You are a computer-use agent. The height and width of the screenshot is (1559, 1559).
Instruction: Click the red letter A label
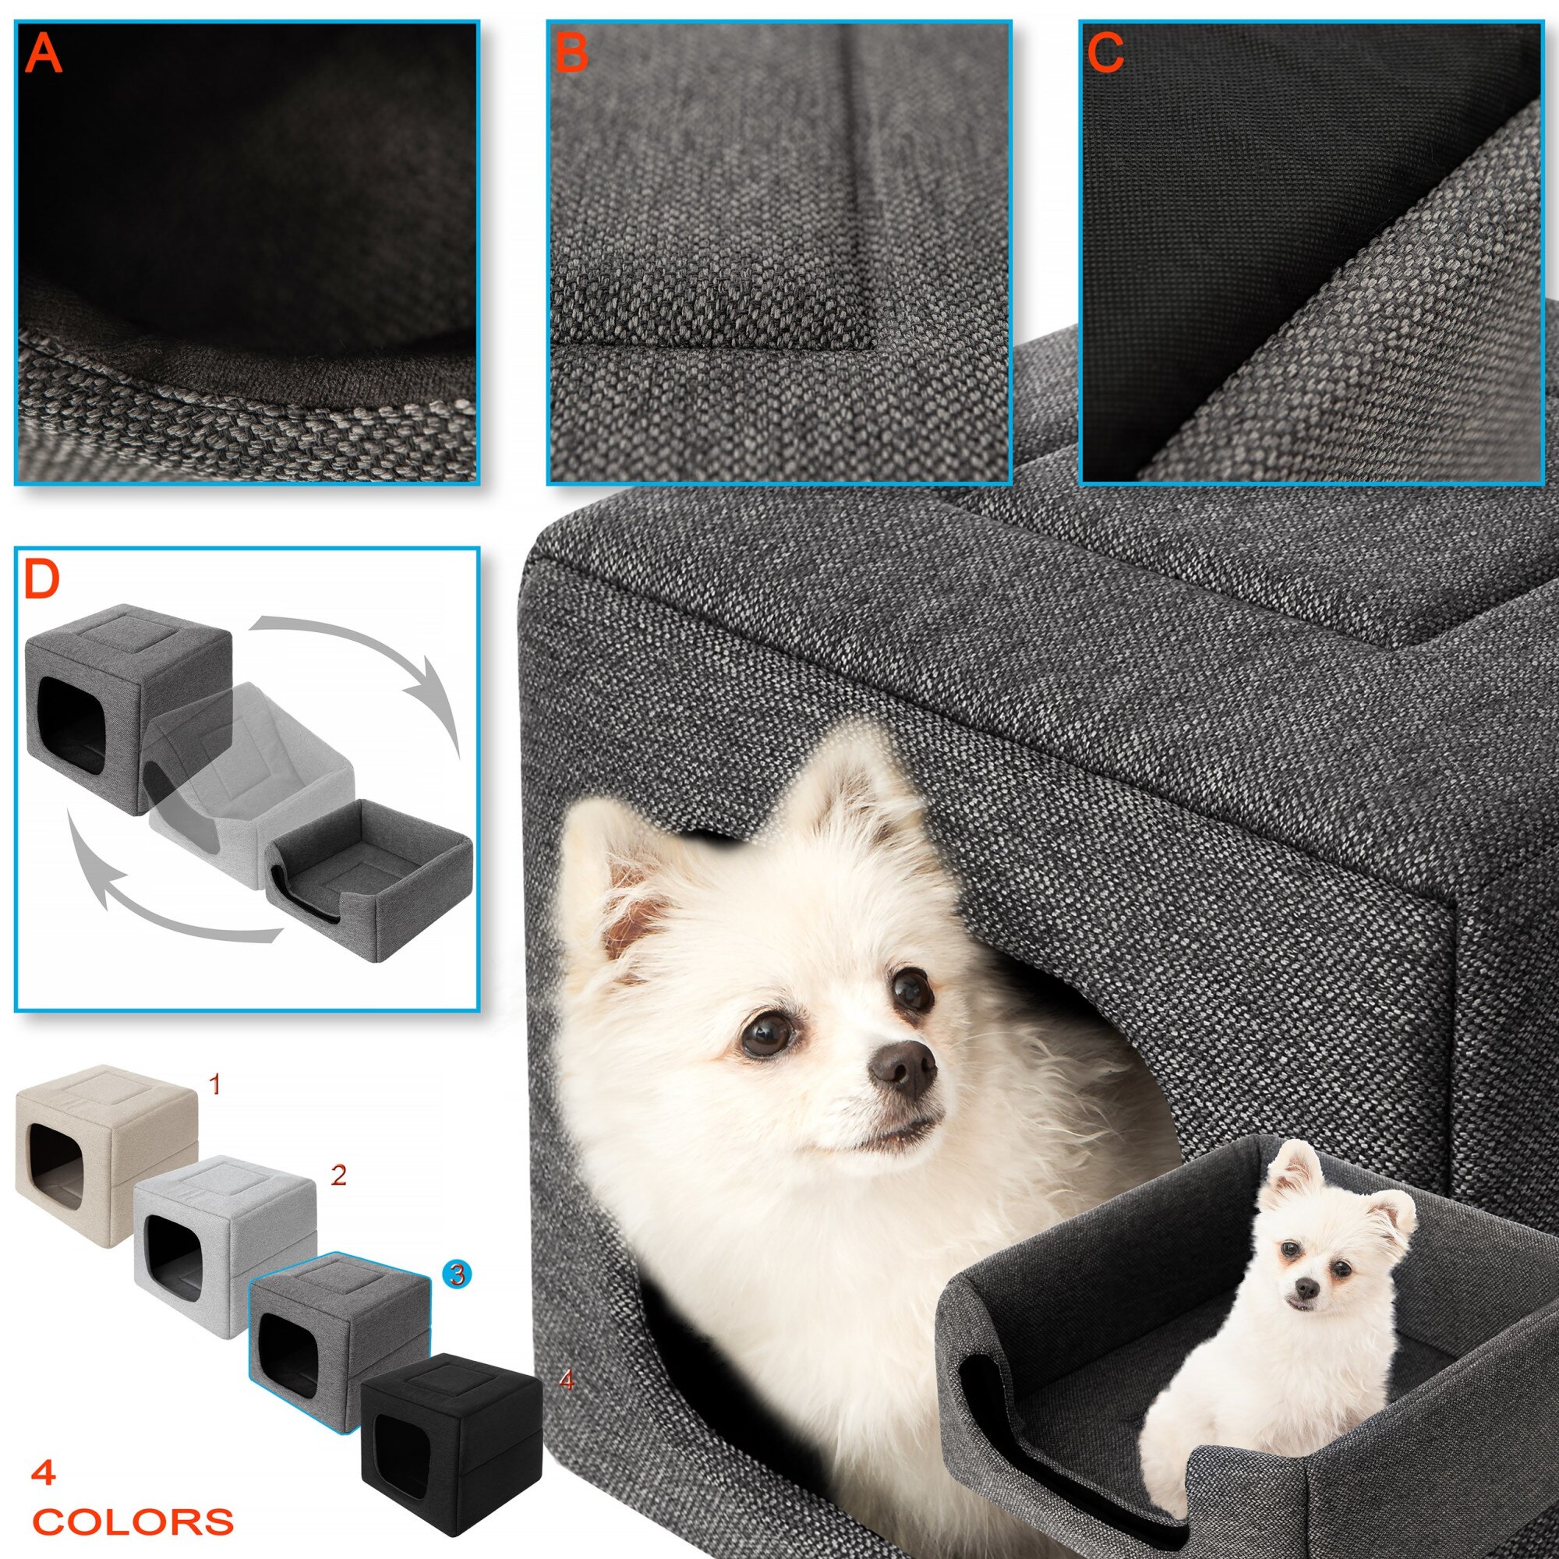[x=44, y=54]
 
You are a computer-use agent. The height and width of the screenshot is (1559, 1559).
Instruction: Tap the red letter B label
[x=571, y=54]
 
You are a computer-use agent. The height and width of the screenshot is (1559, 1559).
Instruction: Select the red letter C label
[x=1105, y=54]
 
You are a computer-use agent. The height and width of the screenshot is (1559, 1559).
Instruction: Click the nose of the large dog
[x=903, y=1064]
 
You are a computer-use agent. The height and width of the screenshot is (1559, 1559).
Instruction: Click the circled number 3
[x=458, y=1274]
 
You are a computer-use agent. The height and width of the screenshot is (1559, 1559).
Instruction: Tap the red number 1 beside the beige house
[x=214, y=1085]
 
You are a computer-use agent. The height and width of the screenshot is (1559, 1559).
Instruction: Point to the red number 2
[x=339, y=1174]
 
